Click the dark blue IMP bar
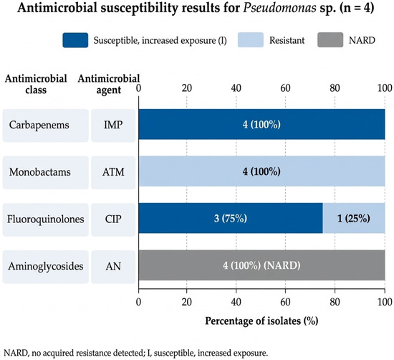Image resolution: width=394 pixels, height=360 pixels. [261, 124]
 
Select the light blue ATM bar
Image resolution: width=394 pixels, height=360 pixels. [261, 171]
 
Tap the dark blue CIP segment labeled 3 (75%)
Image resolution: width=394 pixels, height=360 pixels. [231, 218]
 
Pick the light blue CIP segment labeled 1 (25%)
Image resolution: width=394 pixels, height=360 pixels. [354, 218]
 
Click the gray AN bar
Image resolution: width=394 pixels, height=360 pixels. [261, 265]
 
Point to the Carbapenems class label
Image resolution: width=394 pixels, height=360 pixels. [39, 125]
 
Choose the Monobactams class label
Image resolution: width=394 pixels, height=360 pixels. [40, 172]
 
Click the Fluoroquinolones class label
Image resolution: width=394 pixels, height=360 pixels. [45, 219]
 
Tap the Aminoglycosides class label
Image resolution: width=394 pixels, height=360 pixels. [45, 266]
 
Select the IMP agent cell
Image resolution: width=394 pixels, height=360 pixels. [113, 125]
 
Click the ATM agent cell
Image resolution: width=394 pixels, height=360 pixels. [113, 172]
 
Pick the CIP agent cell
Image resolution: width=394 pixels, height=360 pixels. [113, 219]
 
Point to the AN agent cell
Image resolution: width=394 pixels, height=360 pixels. [113, 267]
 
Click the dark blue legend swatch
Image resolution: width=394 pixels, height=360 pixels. [75, 40]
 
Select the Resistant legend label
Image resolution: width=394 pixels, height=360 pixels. [287, 40]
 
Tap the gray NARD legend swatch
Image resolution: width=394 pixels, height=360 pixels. [330, 40]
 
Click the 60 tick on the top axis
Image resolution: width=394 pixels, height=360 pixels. [285, 88]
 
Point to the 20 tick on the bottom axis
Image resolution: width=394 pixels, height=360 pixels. [187, 302]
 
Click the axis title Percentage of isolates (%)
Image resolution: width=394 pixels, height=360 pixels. [261, 321]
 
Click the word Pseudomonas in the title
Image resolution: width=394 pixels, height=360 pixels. [279, 8]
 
